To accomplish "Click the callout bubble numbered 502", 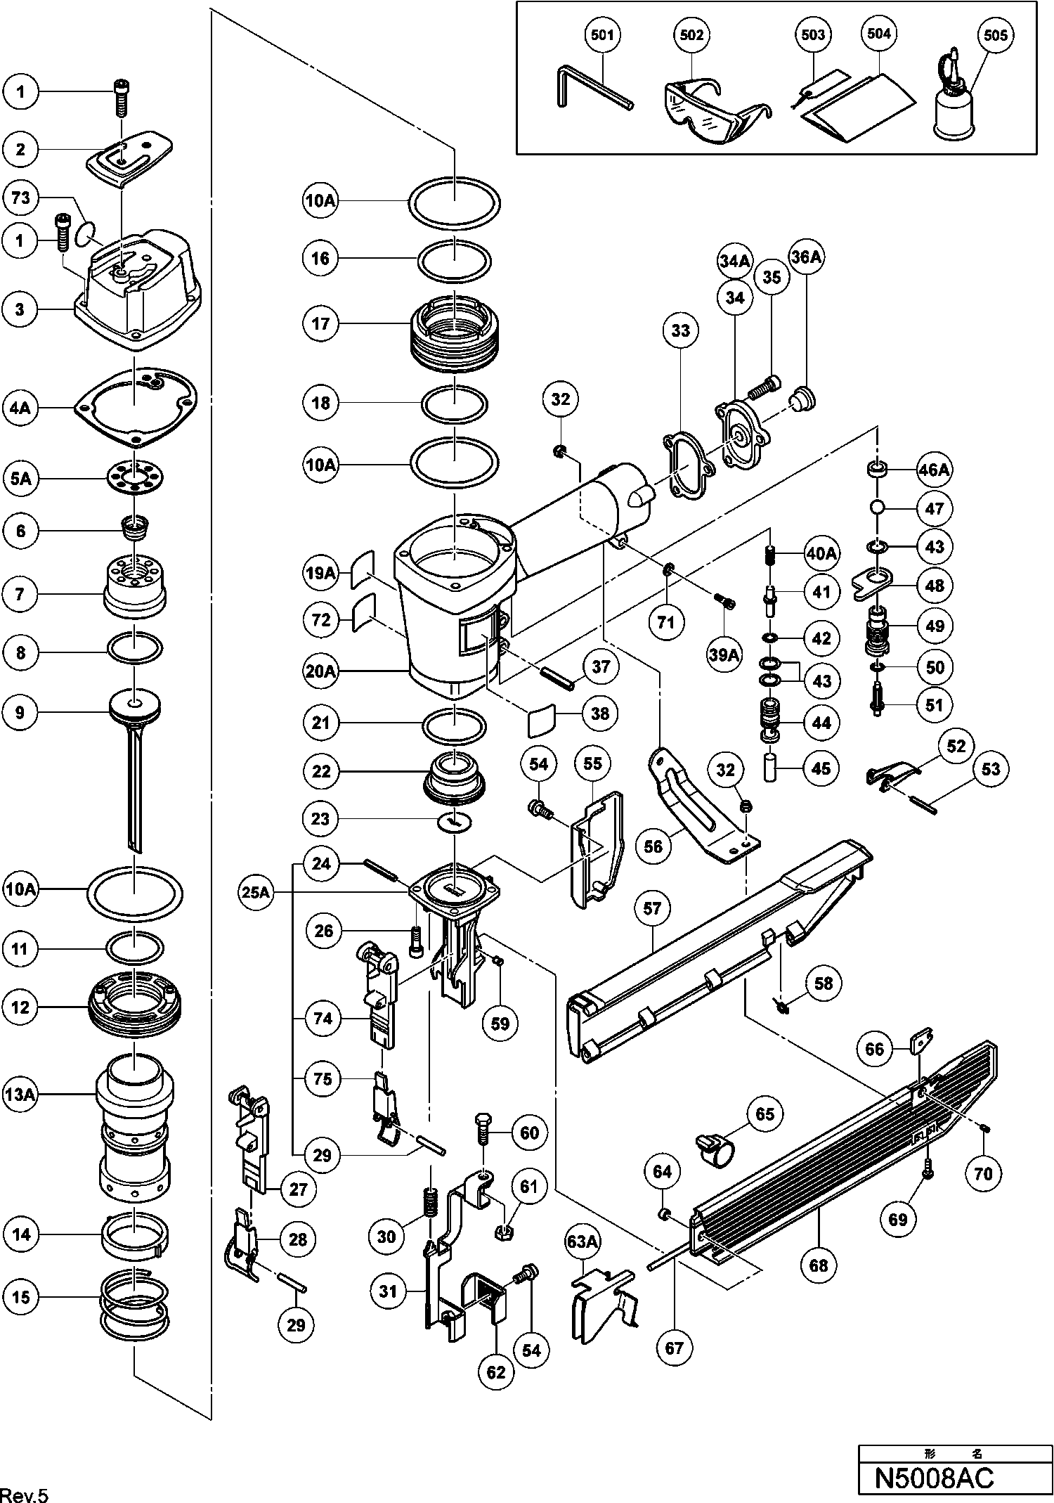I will pos(691,35).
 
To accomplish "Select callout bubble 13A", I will pos(21,1095).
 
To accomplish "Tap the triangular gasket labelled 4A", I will pos(136,406).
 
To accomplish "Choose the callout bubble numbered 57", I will pos(652,909).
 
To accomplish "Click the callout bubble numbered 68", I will pos(819,1266).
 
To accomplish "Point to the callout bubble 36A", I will pos(806,257).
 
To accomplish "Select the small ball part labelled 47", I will pos(877,508).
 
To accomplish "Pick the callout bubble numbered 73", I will pos(21,198).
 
